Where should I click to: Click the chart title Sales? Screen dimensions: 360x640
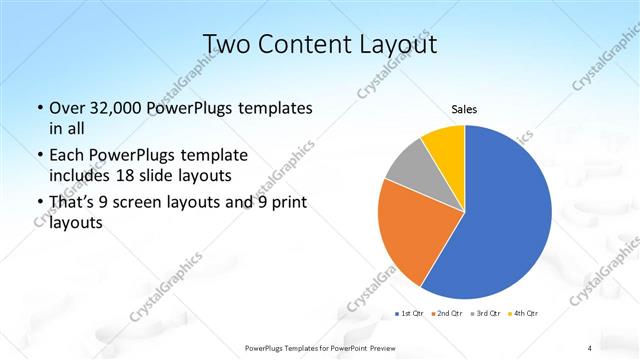point(464,109)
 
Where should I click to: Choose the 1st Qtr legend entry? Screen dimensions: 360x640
point(408,314)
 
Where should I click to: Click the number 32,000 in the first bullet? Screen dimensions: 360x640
point(113,108)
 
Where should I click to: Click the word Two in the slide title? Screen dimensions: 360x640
point(225,44)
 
